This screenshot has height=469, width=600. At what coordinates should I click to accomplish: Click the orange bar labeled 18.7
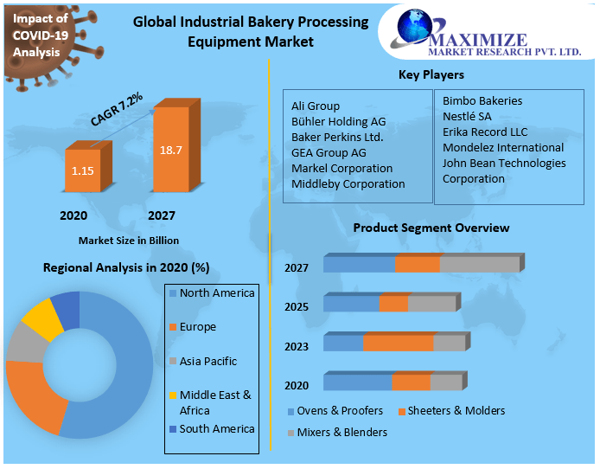[x=170, y=149]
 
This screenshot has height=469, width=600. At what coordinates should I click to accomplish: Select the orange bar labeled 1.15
[x=83, y=170]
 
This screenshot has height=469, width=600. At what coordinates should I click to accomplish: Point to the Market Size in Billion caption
[x=129, y=240]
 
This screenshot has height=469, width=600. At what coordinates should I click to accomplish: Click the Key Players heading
[x=431, y=74]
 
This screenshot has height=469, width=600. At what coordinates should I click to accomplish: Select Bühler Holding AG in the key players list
[x=338, y=121]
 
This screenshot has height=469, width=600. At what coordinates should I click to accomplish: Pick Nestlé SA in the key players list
[x=467, y=116]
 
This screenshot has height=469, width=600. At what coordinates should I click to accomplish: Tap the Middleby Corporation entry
[x=348, y=183]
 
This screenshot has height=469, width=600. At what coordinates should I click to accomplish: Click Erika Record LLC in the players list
[x=484, y=132]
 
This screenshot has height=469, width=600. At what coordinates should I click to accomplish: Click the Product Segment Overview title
[x=431, y=228]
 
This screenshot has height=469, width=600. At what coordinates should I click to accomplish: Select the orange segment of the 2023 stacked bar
[x=398, y=344]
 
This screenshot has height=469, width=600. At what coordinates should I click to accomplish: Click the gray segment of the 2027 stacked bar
[x=479, y=265]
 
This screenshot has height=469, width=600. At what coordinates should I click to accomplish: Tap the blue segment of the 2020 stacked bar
[x=357, y=383]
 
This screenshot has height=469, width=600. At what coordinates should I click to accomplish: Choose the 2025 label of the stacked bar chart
[x=297, y=306]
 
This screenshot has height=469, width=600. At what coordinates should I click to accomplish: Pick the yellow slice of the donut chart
[x=39, y=318]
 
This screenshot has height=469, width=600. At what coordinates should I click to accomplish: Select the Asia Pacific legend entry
[x=207, y=361]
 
